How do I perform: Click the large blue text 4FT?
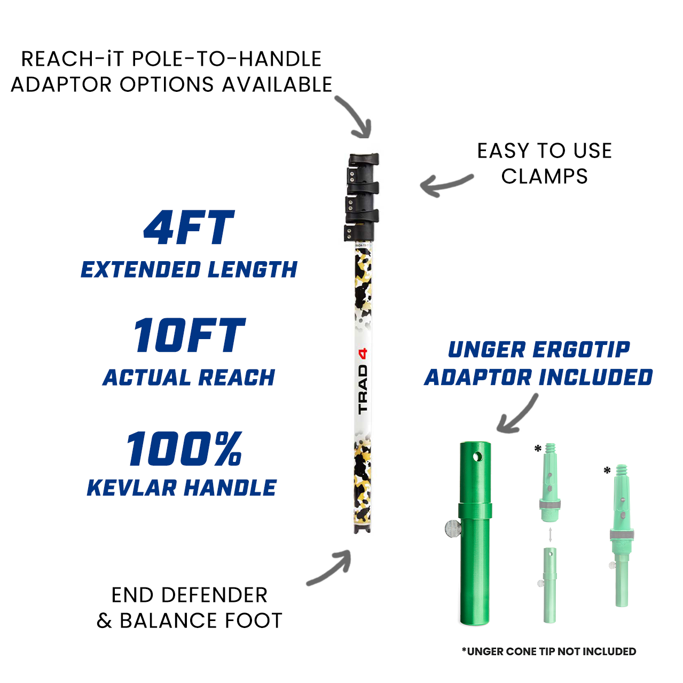point(189,228)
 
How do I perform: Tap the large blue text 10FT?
point(189,335)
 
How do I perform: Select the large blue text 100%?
point(184,449)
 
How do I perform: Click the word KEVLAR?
point(131,488)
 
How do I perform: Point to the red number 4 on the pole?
point(363,353)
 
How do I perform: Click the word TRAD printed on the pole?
point(363,389)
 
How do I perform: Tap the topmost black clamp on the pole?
point(363,159)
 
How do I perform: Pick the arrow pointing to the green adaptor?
point(517,414)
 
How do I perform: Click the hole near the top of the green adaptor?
point(477,457)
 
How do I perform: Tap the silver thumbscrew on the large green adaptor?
point(453,529)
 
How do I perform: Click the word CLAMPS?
point(544,177)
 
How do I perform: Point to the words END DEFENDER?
point(189,595)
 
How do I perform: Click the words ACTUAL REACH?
point(189,378)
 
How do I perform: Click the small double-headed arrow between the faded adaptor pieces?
point(550,535)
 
